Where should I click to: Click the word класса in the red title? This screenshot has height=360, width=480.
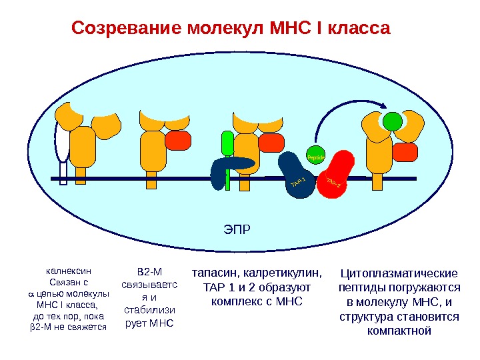[x=356, y=29]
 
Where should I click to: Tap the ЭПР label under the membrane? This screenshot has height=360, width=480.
[x=237, y=230]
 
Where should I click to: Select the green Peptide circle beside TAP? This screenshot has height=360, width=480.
[x=315, y=157]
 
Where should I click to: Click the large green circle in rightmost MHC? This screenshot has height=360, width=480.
[x=393, y=121]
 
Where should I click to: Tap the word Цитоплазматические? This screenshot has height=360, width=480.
[x=399, y=273]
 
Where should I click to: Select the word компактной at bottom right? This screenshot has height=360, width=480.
[x=400, y=331]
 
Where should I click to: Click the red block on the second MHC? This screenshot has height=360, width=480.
[x=177, y=141]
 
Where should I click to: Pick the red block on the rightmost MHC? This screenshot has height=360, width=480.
[x=405, y=153]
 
